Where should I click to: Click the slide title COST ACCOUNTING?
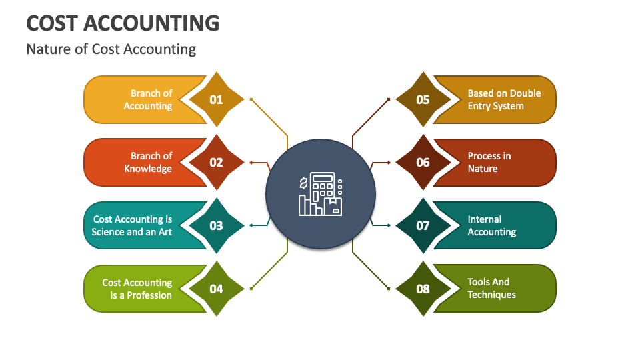(123, 23)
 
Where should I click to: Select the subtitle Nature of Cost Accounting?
(111, 49)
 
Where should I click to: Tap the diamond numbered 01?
(216, 100)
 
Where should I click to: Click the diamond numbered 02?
(216, 162)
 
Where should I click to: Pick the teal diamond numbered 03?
(216, 225)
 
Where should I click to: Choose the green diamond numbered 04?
(216, 289)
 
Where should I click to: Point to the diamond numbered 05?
(423, 100)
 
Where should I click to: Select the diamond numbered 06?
(423, 162)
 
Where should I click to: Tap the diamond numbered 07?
(423, 225)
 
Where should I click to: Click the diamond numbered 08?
(423, 289)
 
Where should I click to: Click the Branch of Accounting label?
(148, 100)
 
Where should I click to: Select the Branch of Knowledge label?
(148, 162)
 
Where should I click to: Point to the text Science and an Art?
(132, 232)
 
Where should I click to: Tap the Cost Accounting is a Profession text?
(137, 289)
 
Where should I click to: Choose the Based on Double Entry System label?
(503, 100)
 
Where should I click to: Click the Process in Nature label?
(489, 162)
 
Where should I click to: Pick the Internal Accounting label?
(491, 225)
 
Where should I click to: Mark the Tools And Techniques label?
(491, 289)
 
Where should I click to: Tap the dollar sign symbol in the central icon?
(303, 183)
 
